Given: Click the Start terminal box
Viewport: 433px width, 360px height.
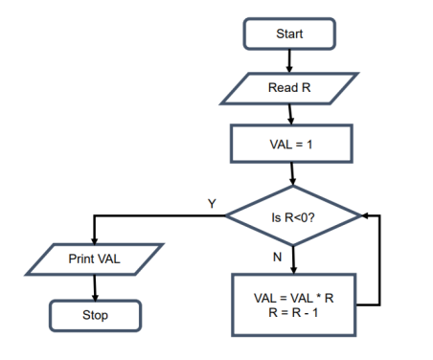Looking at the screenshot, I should [x=289, y=34].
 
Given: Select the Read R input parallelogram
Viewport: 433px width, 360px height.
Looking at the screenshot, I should [x=288, y=88].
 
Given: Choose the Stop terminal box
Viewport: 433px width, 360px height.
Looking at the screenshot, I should [x=94, y=314].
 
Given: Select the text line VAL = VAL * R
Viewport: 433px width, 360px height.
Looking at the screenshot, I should [x=291, y=299].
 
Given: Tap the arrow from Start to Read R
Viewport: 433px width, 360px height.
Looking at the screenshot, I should [x=289, y=59].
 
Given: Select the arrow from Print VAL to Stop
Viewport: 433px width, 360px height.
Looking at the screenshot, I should [x=94, y=287].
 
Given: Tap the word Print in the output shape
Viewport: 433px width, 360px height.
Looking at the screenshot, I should [x=80, y=259].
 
